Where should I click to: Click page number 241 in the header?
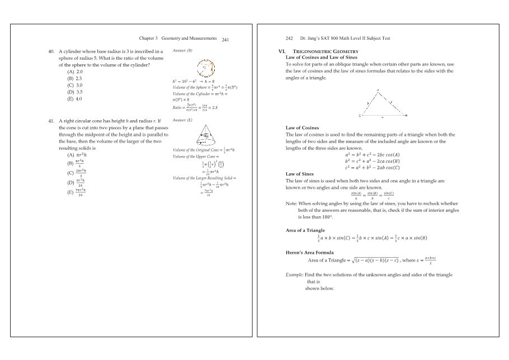pos(225,40)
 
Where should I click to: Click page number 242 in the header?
pos(289,39)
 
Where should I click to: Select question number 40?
pos(53,51)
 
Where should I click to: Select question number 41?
pos(53,121)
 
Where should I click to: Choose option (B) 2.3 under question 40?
pos(75,79)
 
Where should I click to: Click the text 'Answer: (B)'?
pos(182,51)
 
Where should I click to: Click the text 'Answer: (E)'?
pos(182,120)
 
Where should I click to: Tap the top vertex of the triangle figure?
pos(379,89)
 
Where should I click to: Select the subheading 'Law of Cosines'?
pos(302,128)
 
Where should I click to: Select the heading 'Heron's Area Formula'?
pos(309,253)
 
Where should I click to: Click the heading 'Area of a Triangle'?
pos(305,230)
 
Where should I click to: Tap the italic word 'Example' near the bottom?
pos(295,275)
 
